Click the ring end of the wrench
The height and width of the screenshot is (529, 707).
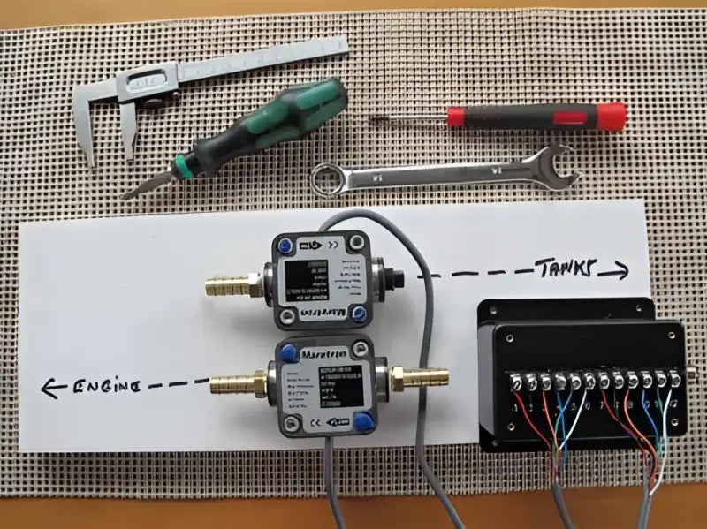(329, 178)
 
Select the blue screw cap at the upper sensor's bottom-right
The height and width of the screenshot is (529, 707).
(359, 314)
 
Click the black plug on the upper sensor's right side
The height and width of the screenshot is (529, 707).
(403, 276)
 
